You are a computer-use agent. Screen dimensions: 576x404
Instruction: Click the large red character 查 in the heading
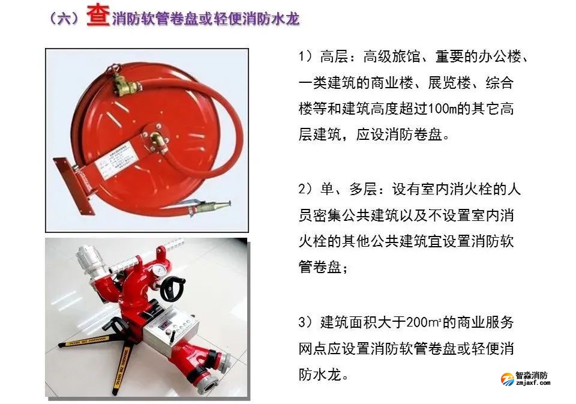point(98,17)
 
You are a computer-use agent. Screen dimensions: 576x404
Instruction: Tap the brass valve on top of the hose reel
point(124,82)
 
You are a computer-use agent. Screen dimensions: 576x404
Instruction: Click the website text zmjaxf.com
point(533,382)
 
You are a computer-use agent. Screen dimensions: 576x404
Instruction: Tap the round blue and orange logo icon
point(508,379)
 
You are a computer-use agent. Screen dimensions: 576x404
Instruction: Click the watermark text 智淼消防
point(532,375)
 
